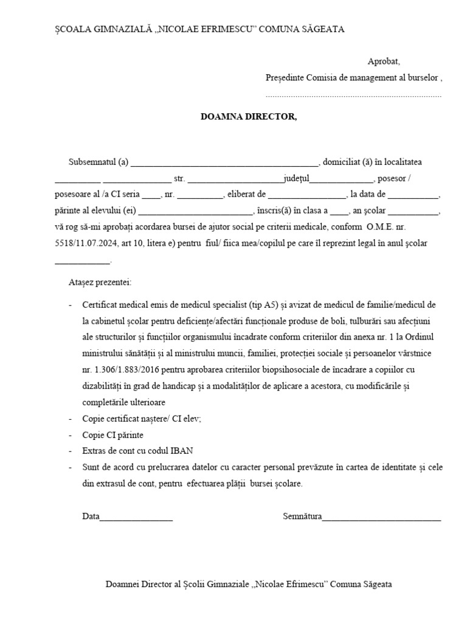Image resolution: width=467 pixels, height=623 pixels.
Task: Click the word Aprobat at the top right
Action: pos(384,61)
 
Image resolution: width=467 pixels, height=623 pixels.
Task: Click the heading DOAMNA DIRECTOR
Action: pos(249,116)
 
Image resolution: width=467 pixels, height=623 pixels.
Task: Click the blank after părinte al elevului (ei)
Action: pos(195,214)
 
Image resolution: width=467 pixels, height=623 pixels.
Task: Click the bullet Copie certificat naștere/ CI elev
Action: pos(142,419)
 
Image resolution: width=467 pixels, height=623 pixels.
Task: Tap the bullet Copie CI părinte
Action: pos(113,436)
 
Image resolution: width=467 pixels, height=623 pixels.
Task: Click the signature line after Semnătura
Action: pos(381,518)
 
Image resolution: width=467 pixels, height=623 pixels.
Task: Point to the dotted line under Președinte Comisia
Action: pos(353,96)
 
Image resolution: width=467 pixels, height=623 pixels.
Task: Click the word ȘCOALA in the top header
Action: pos(71,29)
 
